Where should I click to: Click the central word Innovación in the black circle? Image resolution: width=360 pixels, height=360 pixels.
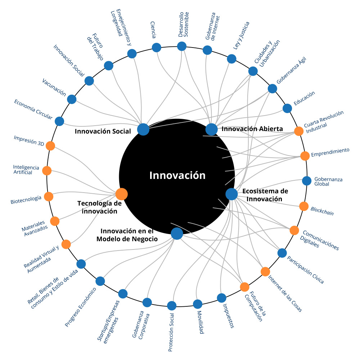click(x=177, y=176)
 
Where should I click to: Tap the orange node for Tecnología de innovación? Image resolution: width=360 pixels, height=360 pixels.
click(x=121, y=194)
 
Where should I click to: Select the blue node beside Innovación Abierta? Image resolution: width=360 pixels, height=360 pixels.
click(x=211, y=129)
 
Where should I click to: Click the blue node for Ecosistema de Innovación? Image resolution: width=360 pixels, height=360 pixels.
click(x=231, y=194)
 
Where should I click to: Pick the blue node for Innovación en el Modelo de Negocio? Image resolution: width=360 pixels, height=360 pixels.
click(x=177, y=234)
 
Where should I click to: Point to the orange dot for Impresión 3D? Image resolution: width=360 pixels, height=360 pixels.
click(x=50, y=146)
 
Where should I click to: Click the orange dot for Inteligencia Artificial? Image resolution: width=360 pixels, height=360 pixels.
click(x=47, y=171)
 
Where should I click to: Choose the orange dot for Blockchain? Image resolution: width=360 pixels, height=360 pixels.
click(x=304, y=206)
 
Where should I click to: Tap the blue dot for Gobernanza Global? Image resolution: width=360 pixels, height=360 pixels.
click(x=306, y=181)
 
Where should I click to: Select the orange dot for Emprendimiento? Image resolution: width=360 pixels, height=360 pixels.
click(x=305, y=156)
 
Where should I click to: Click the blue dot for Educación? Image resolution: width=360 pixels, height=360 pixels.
click(x=287, y=108)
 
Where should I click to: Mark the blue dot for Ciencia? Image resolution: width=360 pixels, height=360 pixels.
click(x=157, y=48)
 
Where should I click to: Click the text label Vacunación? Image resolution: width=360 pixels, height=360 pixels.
click(x=54, y=87)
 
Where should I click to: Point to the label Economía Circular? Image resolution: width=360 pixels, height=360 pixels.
click(x=33, y=109)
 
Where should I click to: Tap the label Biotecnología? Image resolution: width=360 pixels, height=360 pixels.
click(x=26, y=200)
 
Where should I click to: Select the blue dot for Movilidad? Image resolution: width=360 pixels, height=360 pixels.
click(x=197, y=304)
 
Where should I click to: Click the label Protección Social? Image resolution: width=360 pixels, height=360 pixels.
click(x=171, y=332)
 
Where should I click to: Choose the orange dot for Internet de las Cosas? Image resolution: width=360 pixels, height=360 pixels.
click(x=265, y=272)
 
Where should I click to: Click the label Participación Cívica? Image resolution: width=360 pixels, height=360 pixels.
click(x=305, y=270)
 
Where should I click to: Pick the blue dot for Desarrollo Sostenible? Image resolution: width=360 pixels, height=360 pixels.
click(x=181, y=46)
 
